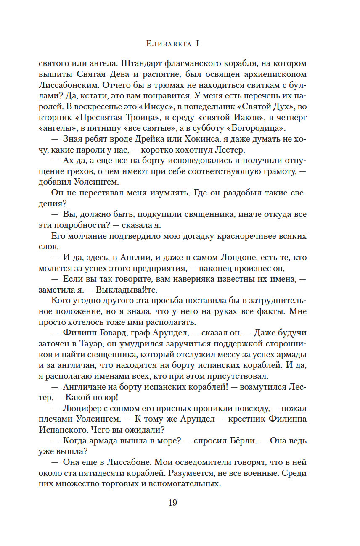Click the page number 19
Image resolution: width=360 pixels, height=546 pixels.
(x=172, y=503)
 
